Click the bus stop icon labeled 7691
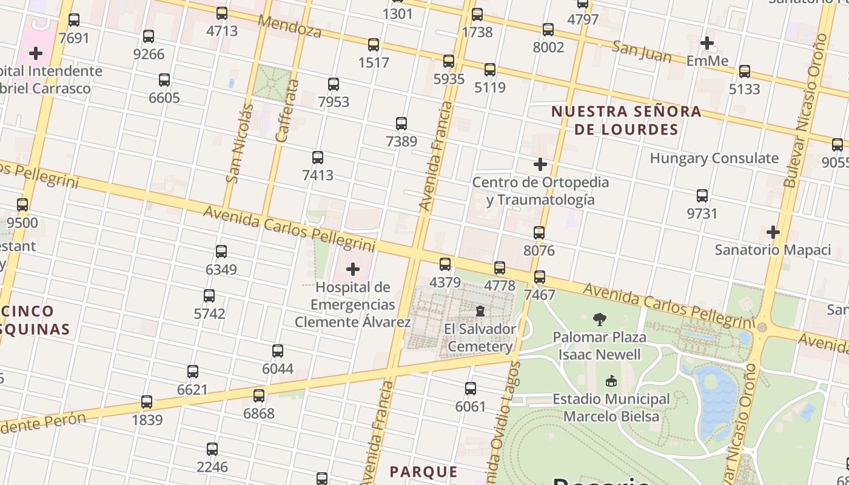tap(74, 20)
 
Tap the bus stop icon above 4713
tap(222, 13)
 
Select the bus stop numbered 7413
tap(317, 158)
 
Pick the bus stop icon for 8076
tap(539, 233)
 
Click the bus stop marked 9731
tap(702, 196)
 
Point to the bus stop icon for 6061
tap(470, 389)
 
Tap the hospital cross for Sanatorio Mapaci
tap(773, 232)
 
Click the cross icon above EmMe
tap(706, 43)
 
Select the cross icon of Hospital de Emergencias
tap(352, 269)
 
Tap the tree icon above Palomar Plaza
tap(600, 319)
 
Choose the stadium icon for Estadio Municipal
tap(611, 381)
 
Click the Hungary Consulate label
tap(714, 158)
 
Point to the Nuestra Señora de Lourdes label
tap(626, 120)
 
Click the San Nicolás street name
tap(240, 143)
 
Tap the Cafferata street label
tap(287, 110)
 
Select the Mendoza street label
tap(289, 26)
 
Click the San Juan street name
tap(641, 52)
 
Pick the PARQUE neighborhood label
tap(423, 472)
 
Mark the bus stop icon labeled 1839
tap(146, 402)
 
